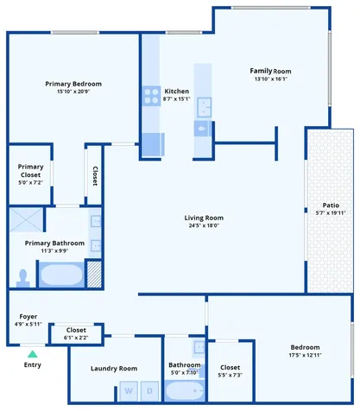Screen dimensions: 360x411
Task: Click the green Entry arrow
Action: coord(33,354)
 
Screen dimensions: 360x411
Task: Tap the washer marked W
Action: coord(129,391)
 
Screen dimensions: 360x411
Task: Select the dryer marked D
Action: coord(149,391)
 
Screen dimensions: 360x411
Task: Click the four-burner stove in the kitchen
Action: coord(151,96)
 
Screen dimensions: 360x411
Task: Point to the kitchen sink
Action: coord(205,107)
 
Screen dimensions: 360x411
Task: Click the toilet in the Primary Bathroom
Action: coord(23,278)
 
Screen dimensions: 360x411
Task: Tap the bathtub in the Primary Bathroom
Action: coord(61,275)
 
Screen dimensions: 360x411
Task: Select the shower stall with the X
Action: coord(26,220)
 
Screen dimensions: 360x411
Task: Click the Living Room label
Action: coord(204,218)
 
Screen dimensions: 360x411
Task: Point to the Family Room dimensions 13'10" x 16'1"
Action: coord(271,79)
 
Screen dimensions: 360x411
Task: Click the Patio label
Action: coord(331,205)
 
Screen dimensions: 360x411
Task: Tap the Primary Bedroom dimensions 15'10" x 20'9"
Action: coord(73,92)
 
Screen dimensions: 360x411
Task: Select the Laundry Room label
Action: coord(114,369)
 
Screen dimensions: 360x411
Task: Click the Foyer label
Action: coord(28,317)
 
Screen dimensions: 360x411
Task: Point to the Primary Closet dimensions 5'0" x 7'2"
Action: coord(30,182)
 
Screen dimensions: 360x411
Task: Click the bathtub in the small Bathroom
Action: coord(185,390)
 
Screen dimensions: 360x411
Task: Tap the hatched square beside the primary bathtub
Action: coord(94,275)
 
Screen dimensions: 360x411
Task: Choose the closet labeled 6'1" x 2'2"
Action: coord(76,334)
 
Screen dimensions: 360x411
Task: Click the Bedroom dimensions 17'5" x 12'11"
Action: coord(305,355)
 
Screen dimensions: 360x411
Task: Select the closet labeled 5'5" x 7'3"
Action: coord(231,371)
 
